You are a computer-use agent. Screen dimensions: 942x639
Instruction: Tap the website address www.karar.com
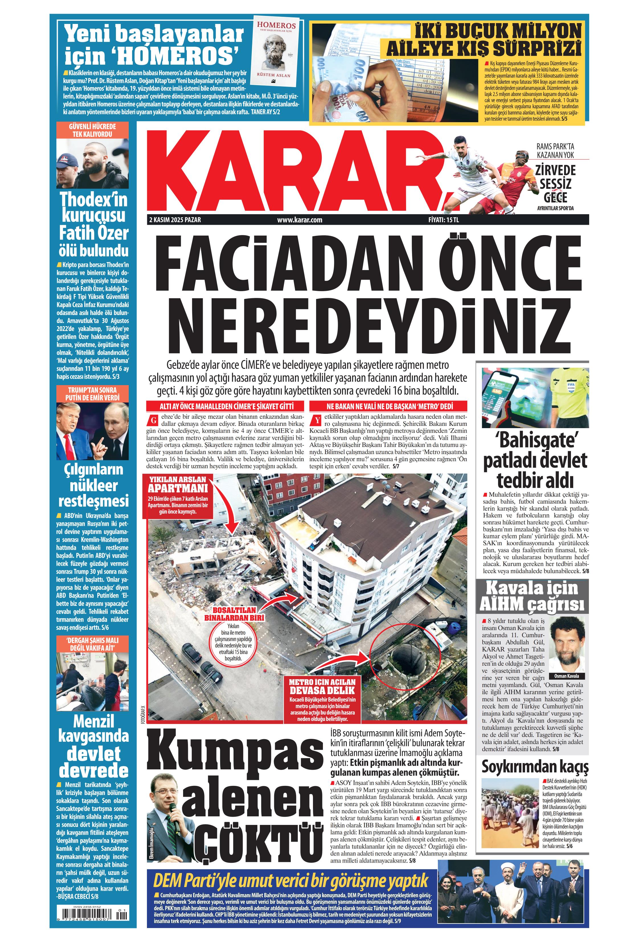pos(300,220)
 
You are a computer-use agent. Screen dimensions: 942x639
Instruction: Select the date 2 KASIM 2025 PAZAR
pos(175,220)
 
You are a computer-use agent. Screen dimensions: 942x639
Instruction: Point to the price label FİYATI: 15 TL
pos(443,220)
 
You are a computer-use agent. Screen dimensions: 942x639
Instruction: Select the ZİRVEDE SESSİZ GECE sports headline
pos(555,183)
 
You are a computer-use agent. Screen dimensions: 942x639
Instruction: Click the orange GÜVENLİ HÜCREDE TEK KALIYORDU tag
pos(92,130)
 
